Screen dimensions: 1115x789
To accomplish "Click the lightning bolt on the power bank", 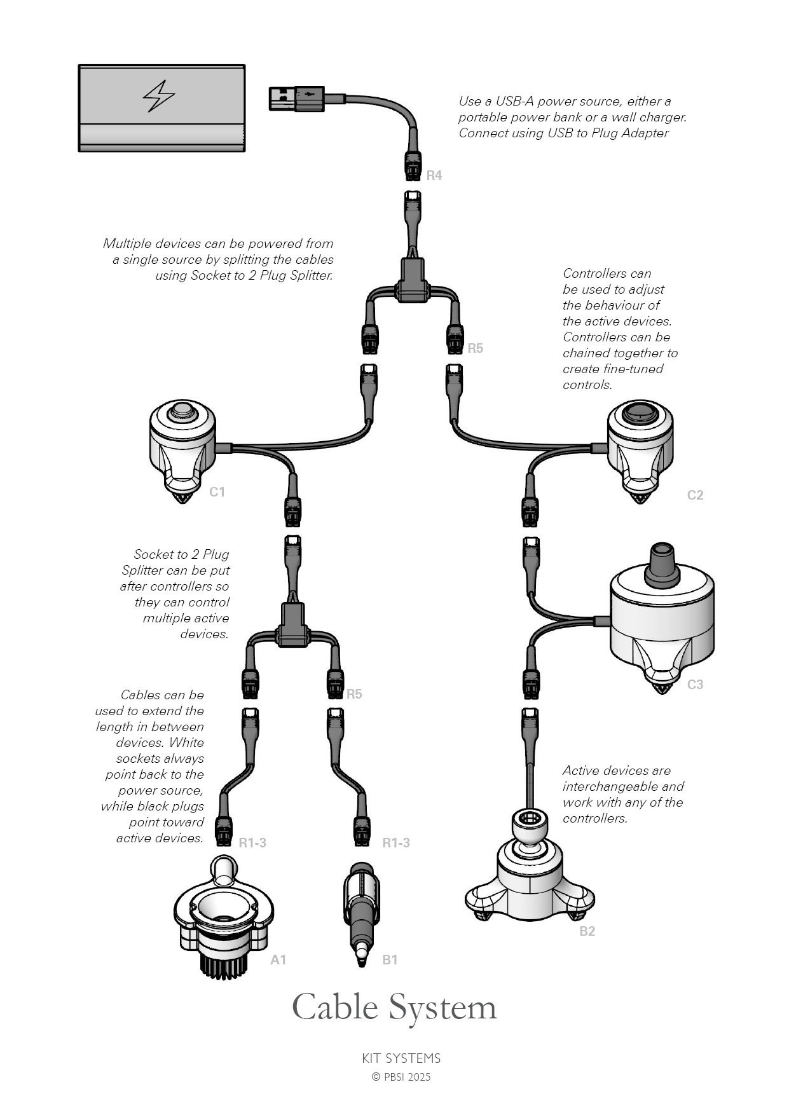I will point(158,96).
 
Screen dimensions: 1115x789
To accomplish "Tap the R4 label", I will point(434,175).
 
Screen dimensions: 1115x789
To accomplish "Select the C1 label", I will point(217,492).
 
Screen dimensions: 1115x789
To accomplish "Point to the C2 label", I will point(695,495).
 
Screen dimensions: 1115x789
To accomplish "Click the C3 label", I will point(695,685).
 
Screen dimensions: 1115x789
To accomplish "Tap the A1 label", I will point(278,960).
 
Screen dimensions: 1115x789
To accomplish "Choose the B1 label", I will point(390,960).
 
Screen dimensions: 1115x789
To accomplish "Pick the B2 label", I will point(587,931).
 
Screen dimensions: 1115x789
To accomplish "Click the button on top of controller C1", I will point(182,411).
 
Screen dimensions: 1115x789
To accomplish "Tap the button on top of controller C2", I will point(640,413).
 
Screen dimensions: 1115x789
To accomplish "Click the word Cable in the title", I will point(334,1008).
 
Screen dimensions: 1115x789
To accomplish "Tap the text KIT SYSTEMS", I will point(401,1058).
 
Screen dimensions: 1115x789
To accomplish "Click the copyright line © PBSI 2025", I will point(401,1077).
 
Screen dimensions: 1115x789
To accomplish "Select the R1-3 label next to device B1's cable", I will point(395,843).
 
